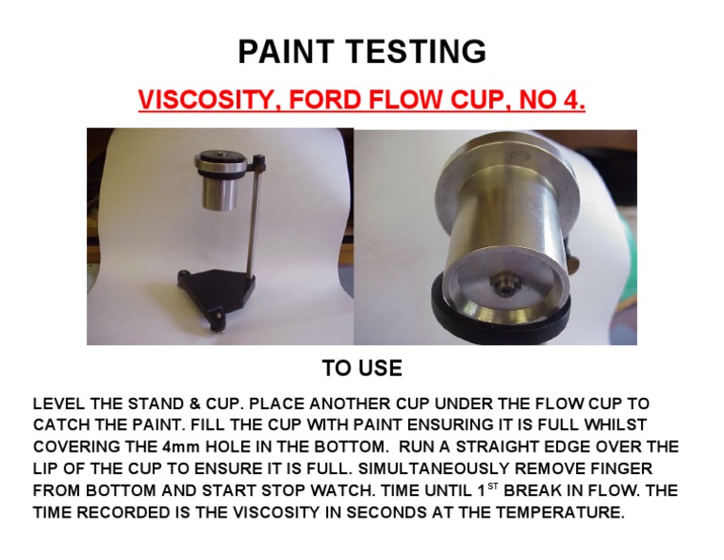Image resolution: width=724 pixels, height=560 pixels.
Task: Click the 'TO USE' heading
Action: click(x=362, y=368)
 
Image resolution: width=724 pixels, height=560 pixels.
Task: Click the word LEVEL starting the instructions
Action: click(x=58, y=404)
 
